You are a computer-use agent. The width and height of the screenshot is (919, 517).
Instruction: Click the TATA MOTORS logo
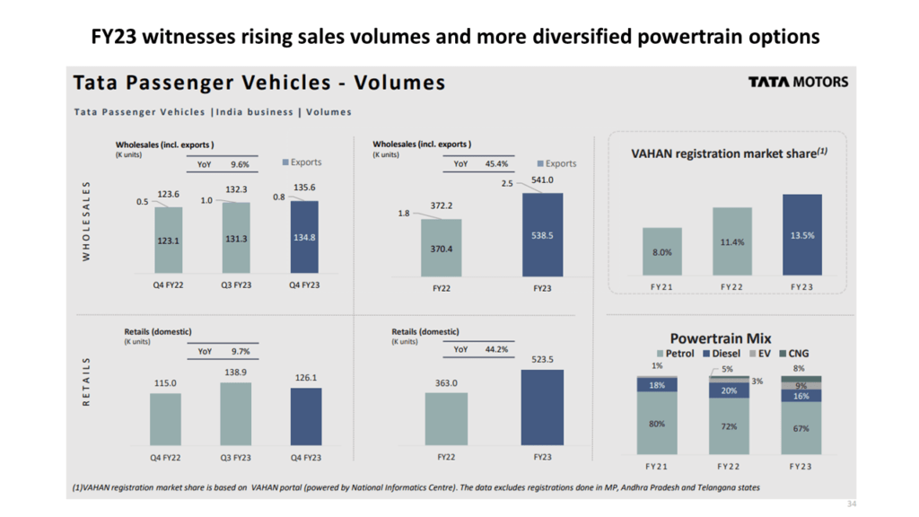(798, 82)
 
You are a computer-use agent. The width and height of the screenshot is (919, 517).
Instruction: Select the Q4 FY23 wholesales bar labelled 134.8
(304, 237)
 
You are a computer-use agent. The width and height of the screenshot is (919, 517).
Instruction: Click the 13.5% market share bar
(801, 235)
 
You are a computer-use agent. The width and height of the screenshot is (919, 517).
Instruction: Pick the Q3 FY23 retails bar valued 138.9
(235, 415)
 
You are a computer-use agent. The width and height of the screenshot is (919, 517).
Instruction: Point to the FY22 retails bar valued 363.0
(446, 418)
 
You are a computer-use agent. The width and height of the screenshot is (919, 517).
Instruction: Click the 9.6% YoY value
(239, 164)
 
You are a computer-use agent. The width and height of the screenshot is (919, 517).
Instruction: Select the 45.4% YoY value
(495, 164)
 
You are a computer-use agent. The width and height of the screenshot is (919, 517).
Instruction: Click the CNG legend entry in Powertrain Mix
(793, 354)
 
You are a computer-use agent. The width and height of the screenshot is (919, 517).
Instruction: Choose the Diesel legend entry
(728, 354)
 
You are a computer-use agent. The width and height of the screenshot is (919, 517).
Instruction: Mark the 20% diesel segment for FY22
(728, 390)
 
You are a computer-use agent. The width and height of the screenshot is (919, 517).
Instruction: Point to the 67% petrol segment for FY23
(801, 428)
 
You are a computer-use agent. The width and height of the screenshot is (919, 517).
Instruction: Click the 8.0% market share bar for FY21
(661, 251)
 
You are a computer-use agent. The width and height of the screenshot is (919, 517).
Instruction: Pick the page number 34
(851, 504)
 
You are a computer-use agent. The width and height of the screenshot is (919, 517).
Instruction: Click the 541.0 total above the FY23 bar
(542, 180)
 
